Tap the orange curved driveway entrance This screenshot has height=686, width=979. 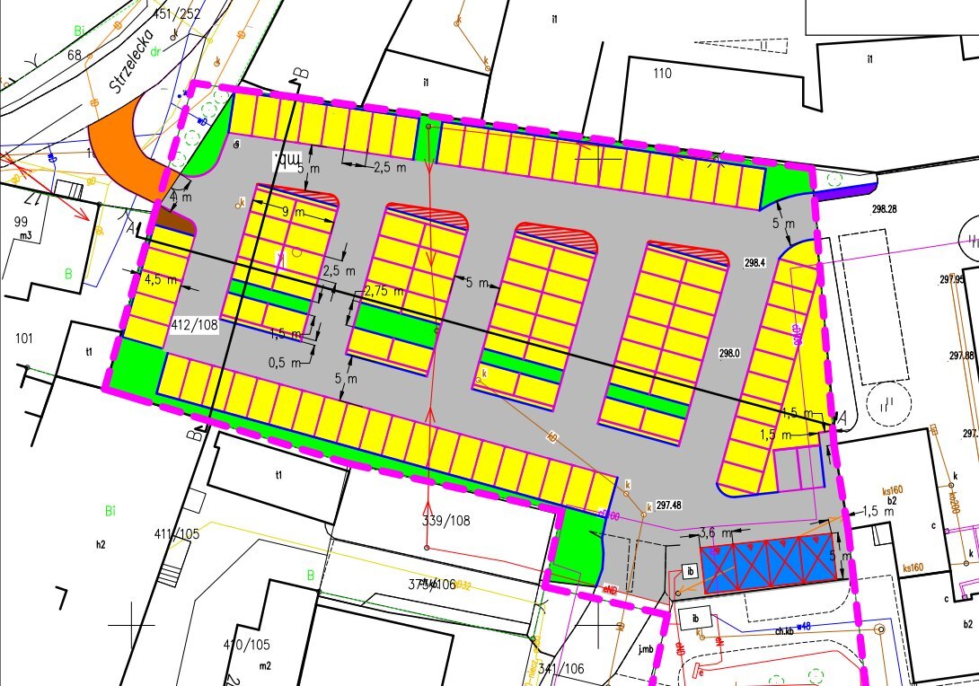pos(126,148)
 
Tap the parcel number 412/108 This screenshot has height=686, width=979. pos(193,324)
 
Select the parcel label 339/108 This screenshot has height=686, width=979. pos(446,520)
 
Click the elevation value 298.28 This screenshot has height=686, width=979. pos(884,209)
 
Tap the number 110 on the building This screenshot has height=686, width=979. pos(663,74)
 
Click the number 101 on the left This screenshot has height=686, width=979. pos(24,339)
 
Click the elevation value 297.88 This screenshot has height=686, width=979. pos(960,356)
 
